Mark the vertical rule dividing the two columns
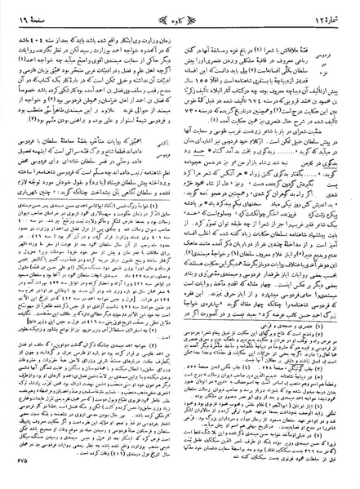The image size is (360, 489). coord(180,245)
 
